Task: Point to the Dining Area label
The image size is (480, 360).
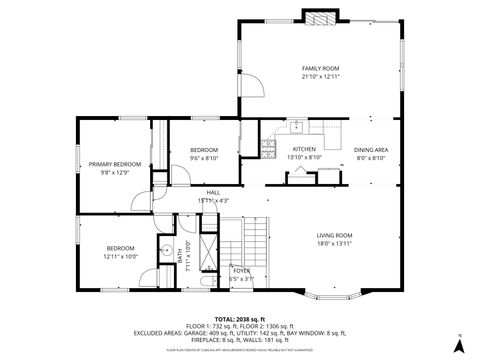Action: tap(371, 149)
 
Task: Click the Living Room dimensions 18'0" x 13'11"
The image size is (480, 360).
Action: tap(335, 243)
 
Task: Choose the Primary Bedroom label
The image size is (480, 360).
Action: tap(113, 164)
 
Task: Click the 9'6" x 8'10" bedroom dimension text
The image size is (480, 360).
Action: tap(204, 158)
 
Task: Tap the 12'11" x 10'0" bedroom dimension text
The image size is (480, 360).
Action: tap(120, 256)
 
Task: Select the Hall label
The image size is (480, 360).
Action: tap(213, 192)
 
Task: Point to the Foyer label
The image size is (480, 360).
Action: tap(241, 270)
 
